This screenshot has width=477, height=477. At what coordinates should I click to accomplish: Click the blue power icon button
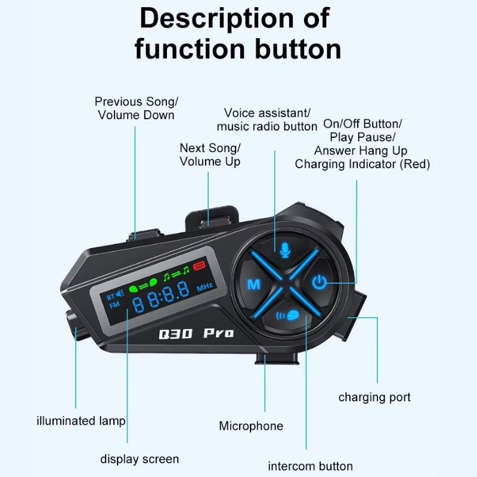tap(320, 281)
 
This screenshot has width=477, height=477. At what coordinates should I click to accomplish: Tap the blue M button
tap(253, 284)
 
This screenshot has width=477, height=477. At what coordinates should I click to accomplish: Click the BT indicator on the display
tap(110, 296)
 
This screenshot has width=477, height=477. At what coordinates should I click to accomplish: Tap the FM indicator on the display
tap(113, 307)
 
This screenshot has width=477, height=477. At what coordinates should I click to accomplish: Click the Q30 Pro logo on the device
tap(196, 333)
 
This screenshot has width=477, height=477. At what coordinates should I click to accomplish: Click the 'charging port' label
tap(374, 397)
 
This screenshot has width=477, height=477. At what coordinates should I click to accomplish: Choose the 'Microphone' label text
tap(251, 426)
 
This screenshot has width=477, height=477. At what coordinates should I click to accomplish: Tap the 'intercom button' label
tap(310, 466)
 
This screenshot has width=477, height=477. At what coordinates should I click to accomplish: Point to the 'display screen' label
tap(140, 459)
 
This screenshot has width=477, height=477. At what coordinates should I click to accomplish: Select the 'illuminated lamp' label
tap(81, 421)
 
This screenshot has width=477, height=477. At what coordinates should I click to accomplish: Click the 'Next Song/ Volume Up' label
tap(210, 154)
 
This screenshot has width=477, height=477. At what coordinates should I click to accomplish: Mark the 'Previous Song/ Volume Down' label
tap(136, 109)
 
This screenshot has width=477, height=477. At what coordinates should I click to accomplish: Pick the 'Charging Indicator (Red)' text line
tap(362, 164)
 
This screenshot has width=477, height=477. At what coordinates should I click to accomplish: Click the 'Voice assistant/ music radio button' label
tap(267, 119)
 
